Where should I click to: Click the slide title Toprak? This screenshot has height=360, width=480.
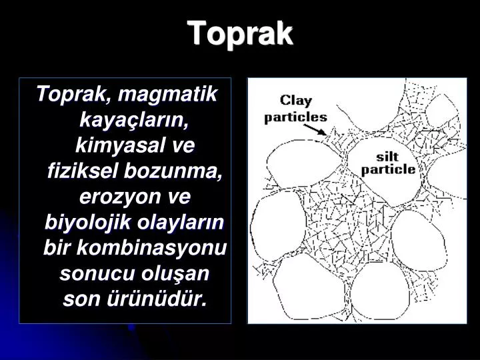point(240,33)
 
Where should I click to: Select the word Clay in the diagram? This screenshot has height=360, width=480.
point(295,101)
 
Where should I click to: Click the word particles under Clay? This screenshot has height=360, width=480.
point(296,117)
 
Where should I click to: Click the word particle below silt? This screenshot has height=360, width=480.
point(388,169)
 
